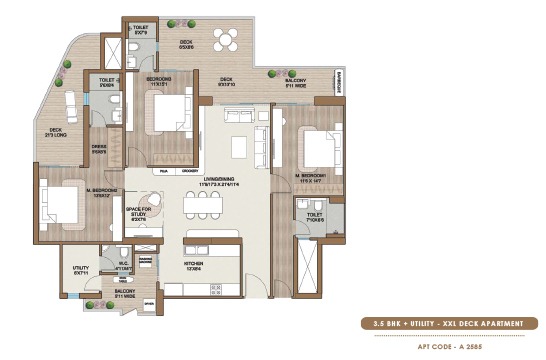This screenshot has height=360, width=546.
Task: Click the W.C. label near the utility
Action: pos(123,268)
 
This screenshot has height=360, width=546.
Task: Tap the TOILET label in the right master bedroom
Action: pos(312,215)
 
